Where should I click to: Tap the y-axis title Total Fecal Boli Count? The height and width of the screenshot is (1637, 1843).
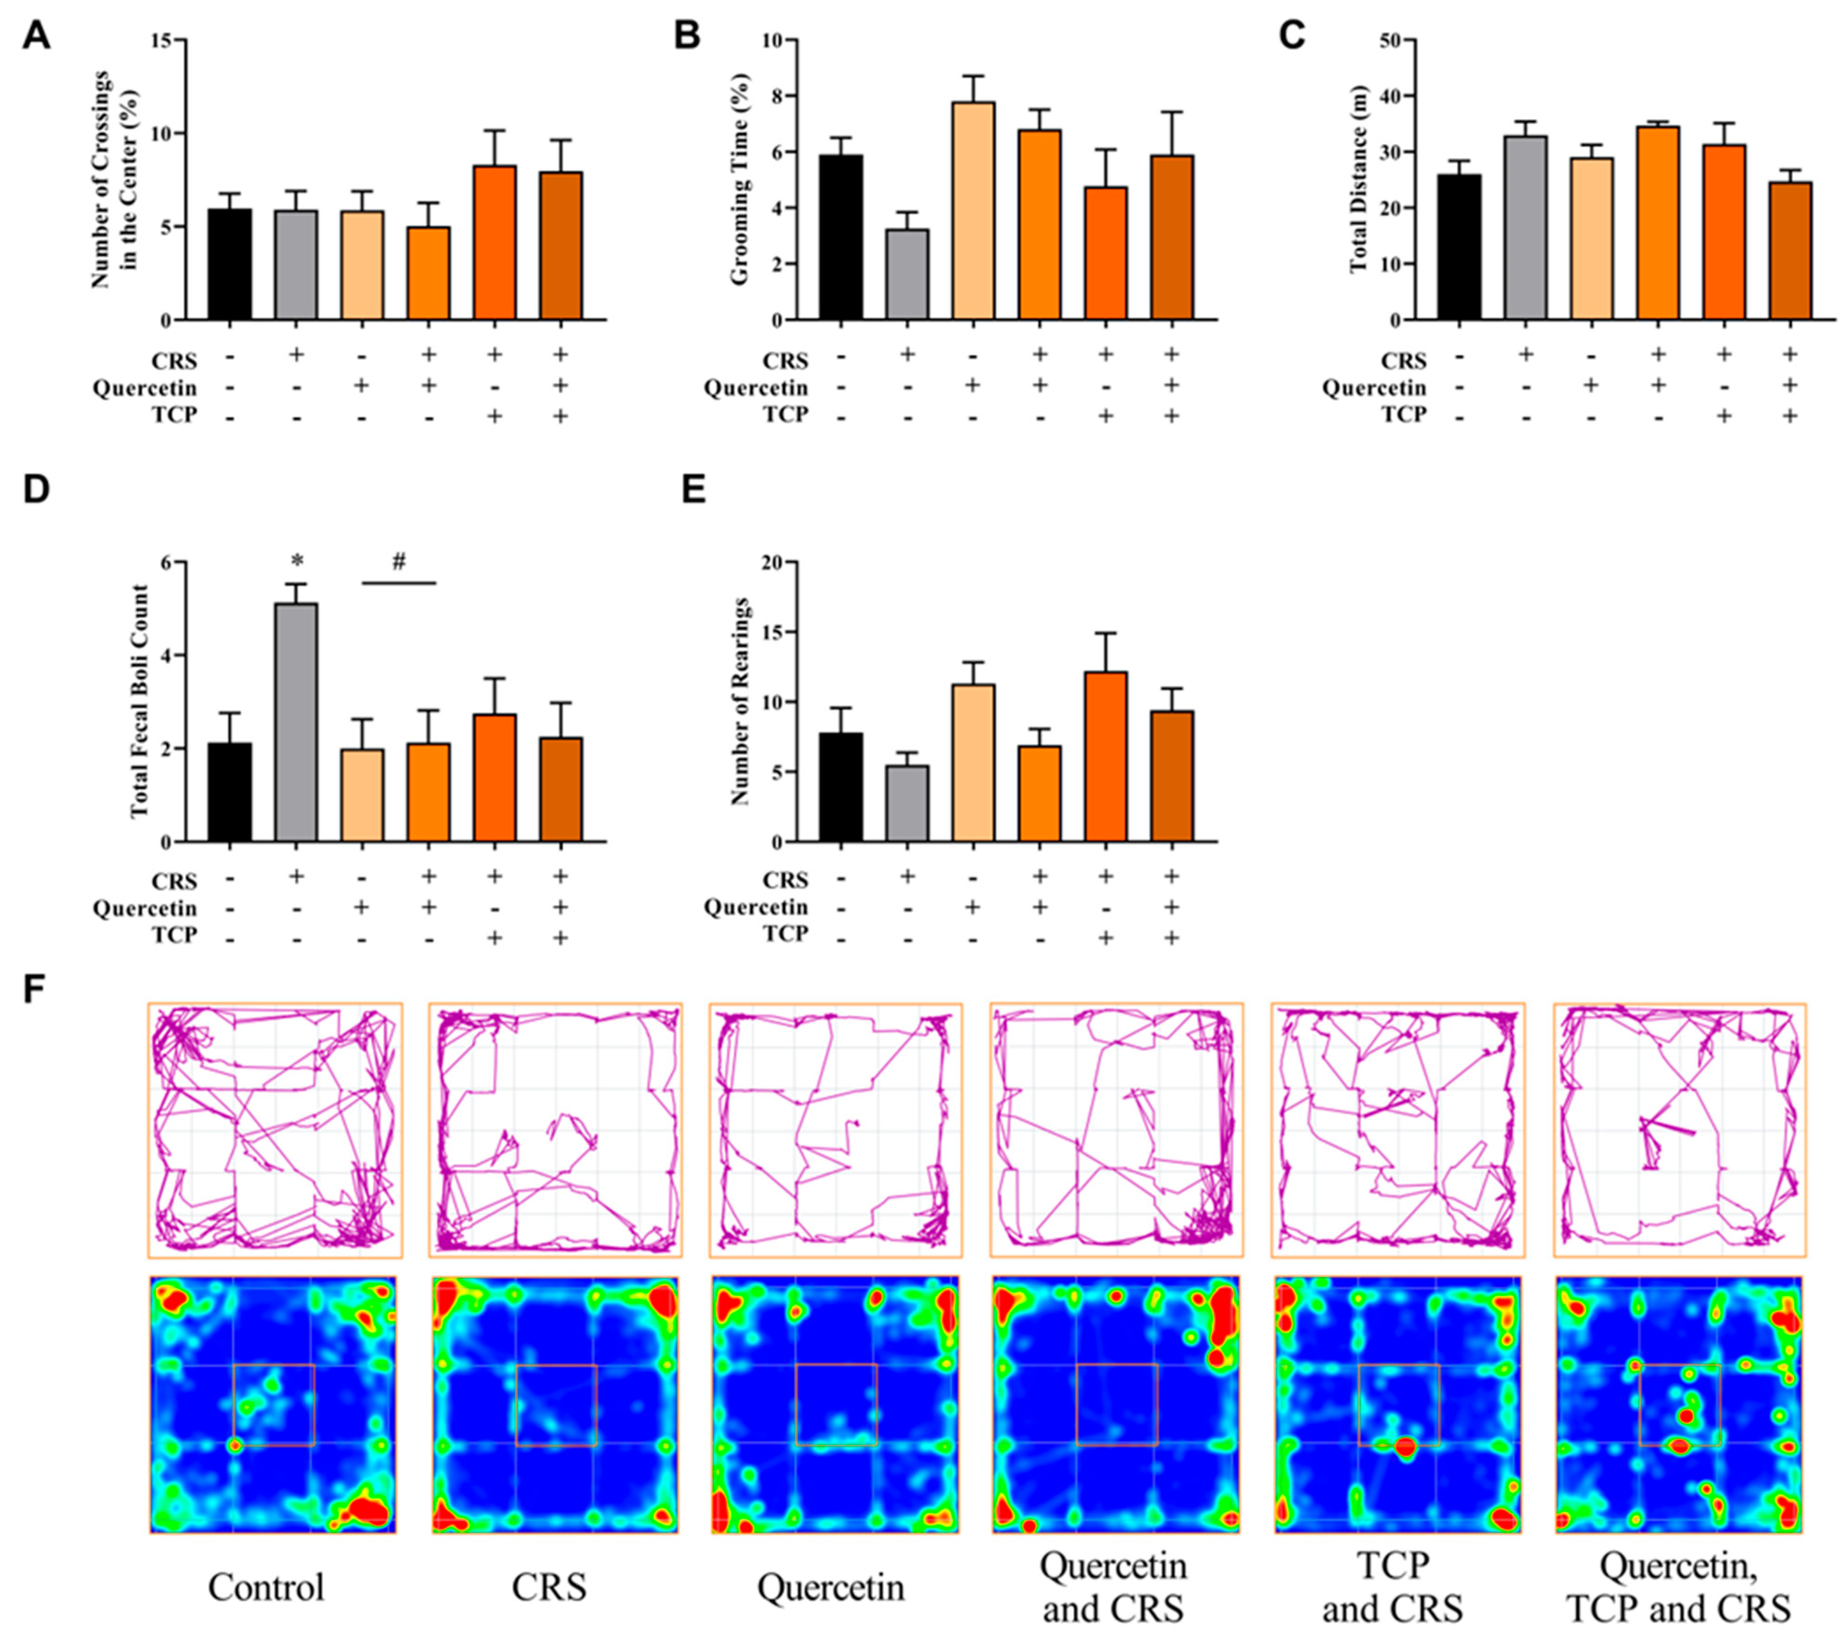(139, 701)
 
